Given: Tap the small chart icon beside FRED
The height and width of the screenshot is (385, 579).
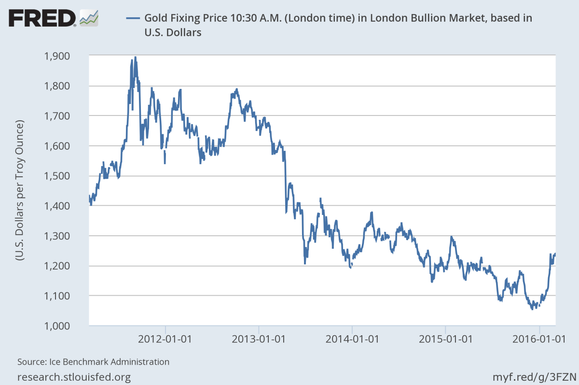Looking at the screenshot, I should [x=89, y=18].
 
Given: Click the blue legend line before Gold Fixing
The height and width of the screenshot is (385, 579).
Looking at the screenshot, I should [x=133, y=19].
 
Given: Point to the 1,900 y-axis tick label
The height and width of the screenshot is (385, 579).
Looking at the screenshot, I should [x=70, y=56].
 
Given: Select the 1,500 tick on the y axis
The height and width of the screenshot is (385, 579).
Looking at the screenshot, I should [x=70, y=176].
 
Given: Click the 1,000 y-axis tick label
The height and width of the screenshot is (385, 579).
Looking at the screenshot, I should [x=70, y=326].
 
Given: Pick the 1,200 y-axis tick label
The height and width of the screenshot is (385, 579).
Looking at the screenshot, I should [x=70, y=266].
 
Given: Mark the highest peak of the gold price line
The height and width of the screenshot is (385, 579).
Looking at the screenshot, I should [x=135, y=57].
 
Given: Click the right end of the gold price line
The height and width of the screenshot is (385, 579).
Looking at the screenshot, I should [x=555, y=254].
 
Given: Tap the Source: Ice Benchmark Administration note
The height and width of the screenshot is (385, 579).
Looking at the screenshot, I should [x=93, y=361].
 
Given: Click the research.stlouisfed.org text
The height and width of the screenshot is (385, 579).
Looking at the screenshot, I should [x=74, y=376].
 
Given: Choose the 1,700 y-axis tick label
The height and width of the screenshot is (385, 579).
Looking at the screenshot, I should [x=70, y=116].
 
